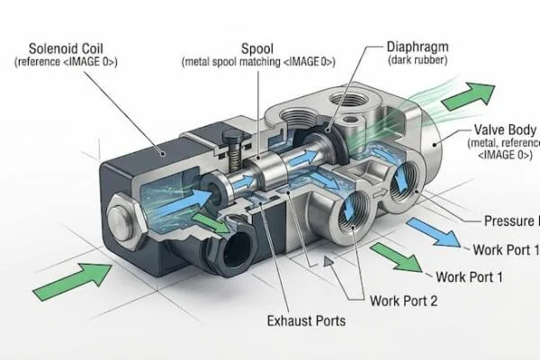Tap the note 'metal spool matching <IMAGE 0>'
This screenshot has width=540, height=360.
tap(258, 61)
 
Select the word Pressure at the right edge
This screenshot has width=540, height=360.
tap(510, 221)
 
